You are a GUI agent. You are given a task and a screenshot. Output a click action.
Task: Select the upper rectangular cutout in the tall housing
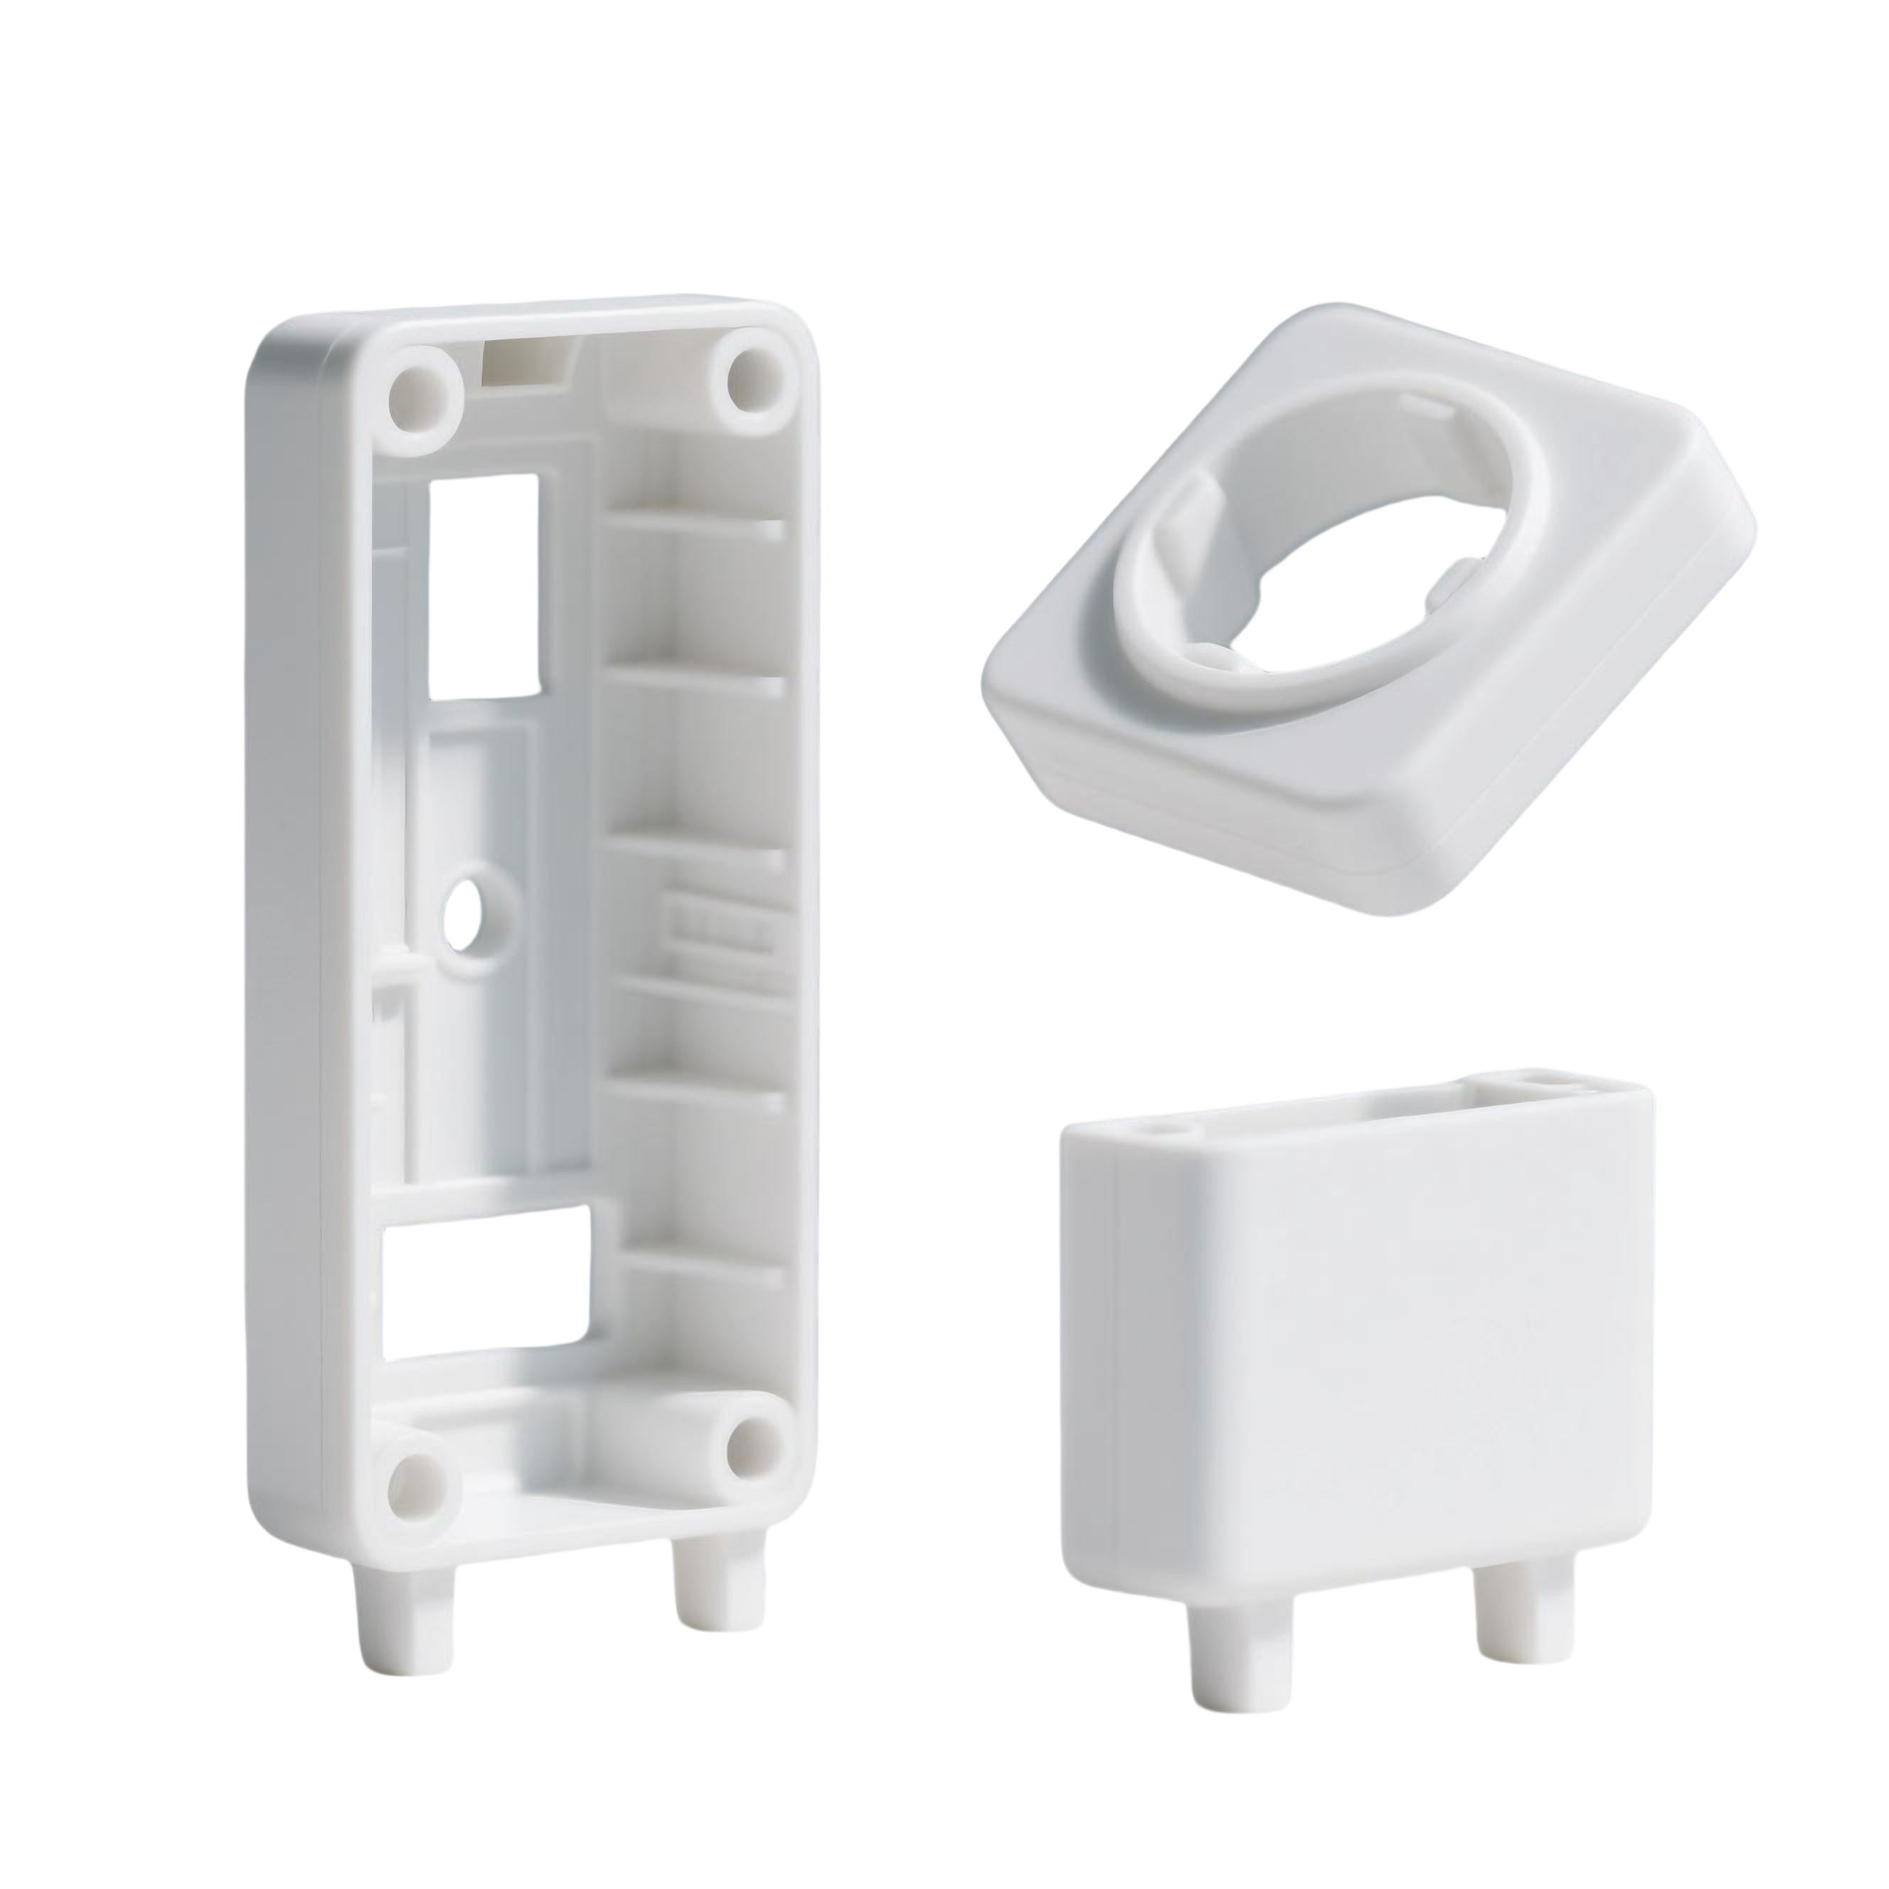[483, 587]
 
